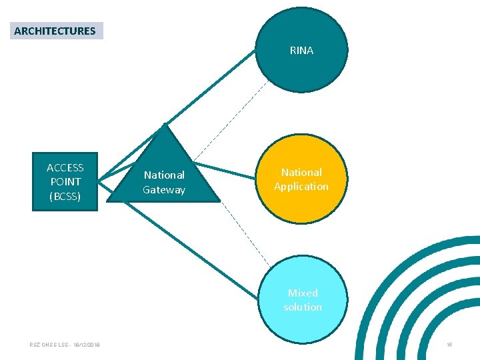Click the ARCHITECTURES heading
[x=55, y=31]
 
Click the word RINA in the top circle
[x=301, y=50]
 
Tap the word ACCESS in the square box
[x=65, y=167]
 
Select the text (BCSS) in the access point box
[x=65, y=196]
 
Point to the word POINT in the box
[x=65, y=181]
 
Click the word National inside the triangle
[x=164, y=175]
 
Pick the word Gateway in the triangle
[x=164, y=189]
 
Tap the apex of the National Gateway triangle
[x=164, y=125]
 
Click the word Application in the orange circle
[x=301, y=186]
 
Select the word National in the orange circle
[x=301, y=172]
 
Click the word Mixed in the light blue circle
[x=303, y=293]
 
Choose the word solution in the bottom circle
[x=303, y=307]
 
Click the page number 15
[x=449, y=345]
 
